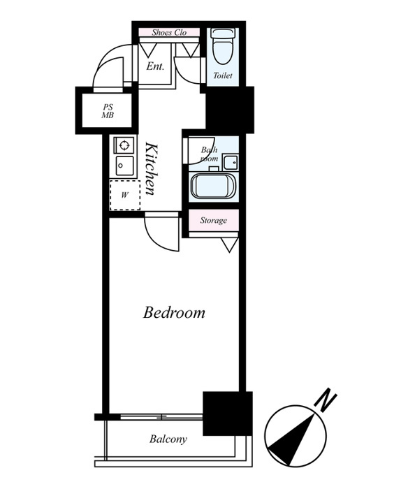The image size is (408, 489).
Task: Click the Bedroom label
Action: coord(174,313)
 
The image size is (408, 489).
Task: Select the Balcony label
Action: coord(168,439)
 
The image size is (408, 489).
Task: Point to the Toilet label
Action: coord(223,75)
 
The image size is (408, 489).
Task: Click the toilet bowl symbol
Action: coord(222,45)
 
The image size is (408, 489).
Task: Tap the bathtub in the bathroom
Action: coord(213,187)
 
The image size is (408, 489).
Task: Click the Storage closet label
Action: coord(213,221)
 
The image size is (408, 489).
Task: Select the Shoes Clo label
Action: coord(169,32)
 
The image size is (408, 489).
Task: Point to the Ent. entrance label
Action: coord(155,66)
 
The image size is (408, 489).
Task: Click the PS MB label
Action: coord(108,111)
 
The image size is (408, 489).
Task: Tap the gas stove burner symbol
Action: coord(124,145)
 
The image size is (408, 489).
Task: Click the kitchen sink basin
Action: coord(125,166)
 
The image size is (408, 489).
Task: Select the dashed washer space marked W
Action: coord(125,195)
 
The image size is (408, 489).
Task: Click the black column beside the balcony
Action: coord(227,414)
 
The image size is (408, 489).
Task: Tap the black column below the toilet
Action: coord(230,110)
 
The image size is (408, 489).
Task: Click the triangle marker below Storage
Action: coord(229,245)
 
